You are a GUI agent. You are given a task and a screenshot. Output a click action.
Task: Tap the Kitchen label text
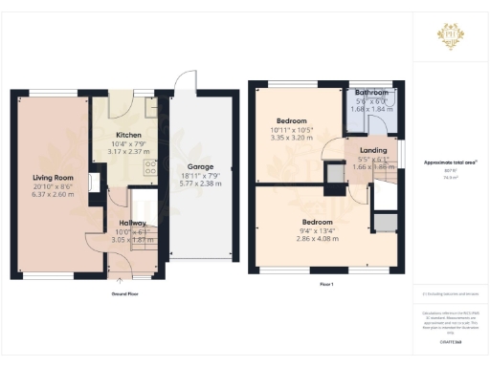[x=129, y=135]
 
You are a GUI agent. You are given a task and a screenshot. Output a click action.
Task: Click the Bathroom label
[x=372, y=93]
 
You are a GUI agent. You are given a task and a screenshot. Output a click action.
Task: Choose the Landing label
[x=373, y=151]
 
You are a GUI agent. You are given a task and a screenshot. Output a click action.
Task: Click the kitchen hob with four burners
[x=149, y=167]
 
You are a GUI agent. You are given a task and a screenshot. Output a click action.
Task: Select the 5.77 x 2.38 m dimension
[x=200, y=184]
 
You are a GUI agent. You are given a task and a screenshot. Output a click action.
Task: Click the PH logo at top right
[x=450, y=37]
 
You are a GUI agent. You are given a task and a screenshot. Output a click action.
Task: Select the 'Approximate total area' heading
[x=449, y=162]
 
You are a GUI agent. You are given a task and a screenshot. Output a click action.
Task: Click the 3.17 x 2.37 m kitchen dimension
[x=129, y=151]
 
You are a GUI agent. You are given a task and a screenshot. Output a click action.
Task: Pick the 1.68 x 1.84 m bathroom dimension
[x=372, y=109]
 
